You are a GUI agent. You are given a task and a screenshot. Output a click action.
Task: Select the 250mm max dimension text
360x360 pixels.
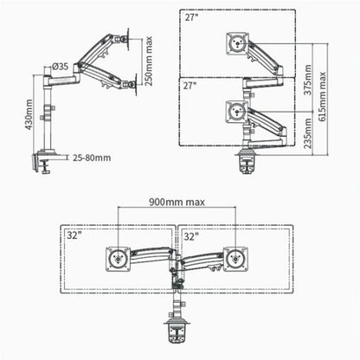coord(151,62)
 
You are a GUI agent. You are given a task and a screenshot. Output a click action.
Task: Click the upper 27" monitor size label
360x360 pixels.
coord(190,17)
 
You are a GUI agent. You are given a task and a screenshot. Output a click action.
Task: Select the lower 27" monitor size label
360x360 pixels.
coord(190,85)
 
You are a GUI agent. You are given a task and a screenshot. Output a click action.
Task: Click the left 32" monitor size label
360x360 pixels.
coord(73,235)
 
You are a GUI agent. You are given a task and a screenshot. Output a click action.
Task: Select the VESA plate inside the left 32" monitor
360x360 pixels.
coord(117,257)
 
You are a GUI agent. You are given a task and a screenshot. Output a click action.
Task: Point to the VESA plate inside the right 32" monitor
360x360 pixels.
coord(235,257)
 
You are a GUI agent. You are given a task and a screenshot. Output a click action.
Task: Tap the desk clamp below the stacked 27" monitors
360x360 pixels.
coord(247,161)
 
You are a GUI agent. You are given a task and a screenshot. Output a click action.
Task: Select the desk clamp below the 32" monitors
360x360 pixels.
coord(177,331)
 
